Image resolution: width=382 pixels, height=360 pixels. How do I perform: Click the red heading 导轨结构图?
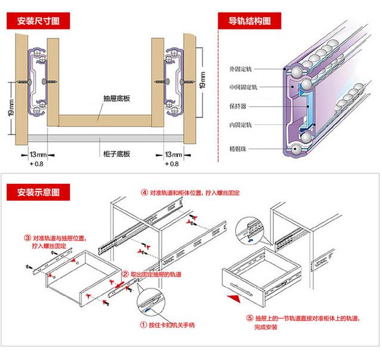tap(249, 21)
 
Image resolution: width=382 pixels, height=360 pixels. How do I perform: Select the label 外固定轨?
tap(242, 69)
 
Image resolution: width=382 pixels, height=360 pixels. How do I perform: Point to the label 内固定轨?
tap(242, 125)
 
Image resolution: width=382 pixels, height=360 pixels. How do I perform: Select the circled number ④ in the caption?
tap(144, 193)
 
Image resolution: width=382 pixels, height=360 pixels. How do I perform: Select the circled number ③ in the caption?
tap(27, 236)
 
